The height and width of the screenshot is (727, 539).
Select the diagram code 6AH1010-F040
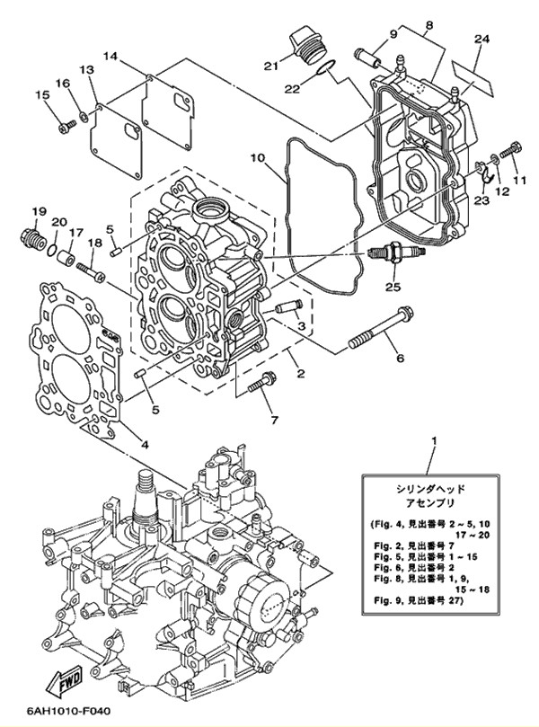(x=64, y=710)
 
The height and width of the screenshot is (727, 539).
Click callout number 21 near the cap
(x=271, y=66)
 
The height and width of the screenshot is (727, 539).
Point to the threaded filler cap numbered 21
(x=307, y=44)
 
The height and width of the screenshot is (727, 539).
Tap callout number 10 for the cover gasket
(x=258, y=158)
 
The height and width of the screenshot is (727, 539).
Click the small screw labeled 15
(x=67, y=126)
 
